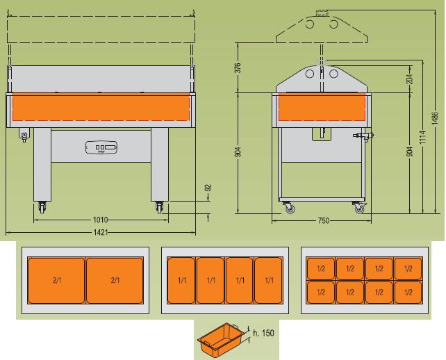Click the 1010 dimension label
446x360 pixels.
point(100,220)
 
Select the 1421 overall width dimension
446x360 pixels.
point(100,232)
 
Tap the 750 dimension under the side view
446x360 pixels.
point(322,220)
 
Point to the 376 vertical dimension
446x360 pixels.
point(238,67)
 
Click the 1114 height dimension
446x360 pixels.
point(422,139)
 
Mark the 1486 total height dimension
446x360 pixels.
point(435,118)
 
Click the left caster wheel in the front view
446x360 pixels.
point(40,206)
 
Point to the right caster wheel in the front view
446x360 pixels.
point(160,206)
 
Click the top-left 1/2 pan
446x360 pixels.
point(321,268)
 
